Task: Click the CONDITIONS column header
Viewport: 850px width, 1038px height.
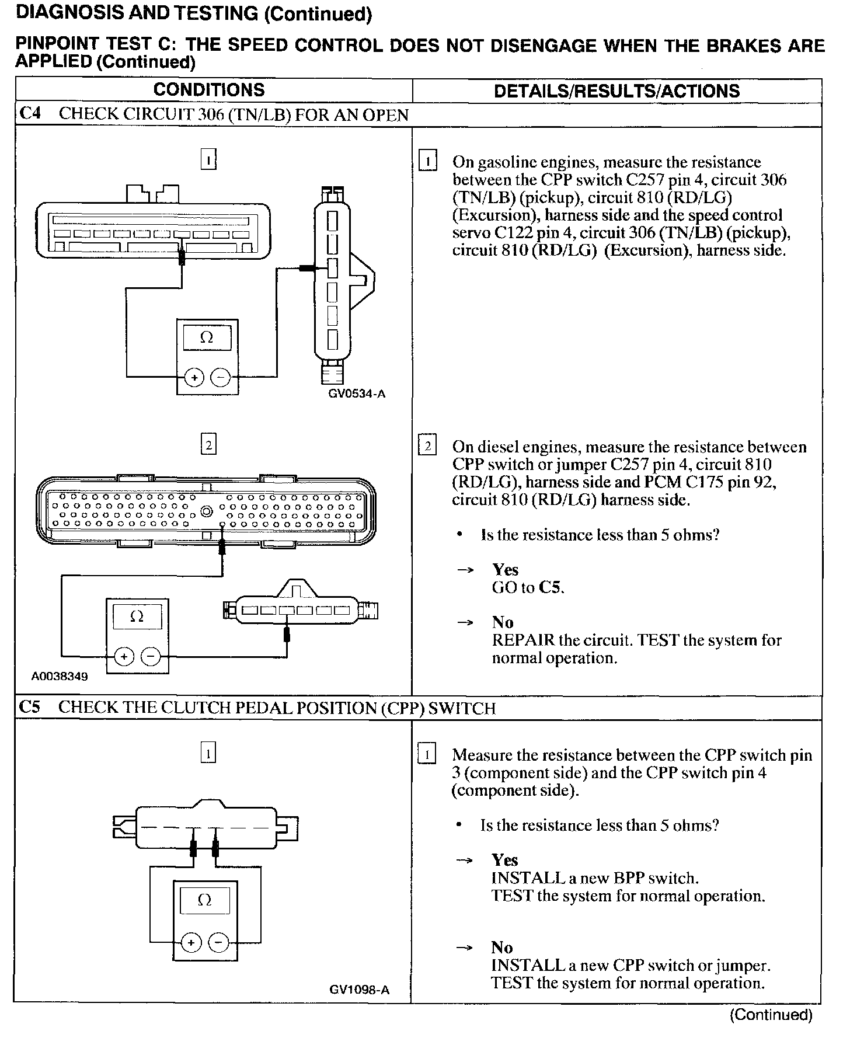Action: point(208,90)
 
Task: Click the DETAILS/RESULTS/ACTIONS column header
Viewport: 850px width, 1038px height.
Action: point(616,91)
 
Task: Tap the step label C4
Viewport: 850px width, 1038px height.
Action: point(30,113)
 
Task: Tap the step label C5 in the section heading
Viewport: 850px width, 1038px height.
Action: point(30,708)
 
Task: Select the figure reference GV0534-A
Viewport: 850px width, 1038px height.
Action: point(357,393)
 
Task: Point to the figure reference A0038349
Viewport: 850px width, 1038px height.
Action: point(60,677)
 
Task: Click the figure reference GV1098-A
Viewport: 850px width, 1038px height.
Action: point(359,990)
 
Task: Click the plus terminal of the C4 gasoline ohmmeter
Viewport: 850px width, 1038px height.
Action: point(194,378)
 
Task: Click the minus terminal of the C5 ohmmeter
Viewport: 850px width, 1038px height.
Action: point(219,942)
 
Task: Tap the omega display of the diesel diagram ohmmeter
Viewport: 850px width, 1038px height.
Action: point(137,616)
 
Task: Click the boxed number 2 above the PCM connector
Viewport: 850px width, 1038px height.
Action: point(208,445)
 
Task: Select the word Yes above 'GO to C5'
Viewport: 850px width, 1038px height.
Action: point(505,570)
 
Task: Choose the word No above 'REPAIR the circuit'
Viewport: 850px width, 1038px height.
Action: point(503,622)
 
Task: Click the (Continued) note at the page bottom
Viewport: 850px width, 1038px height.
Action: point(771,1015)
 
